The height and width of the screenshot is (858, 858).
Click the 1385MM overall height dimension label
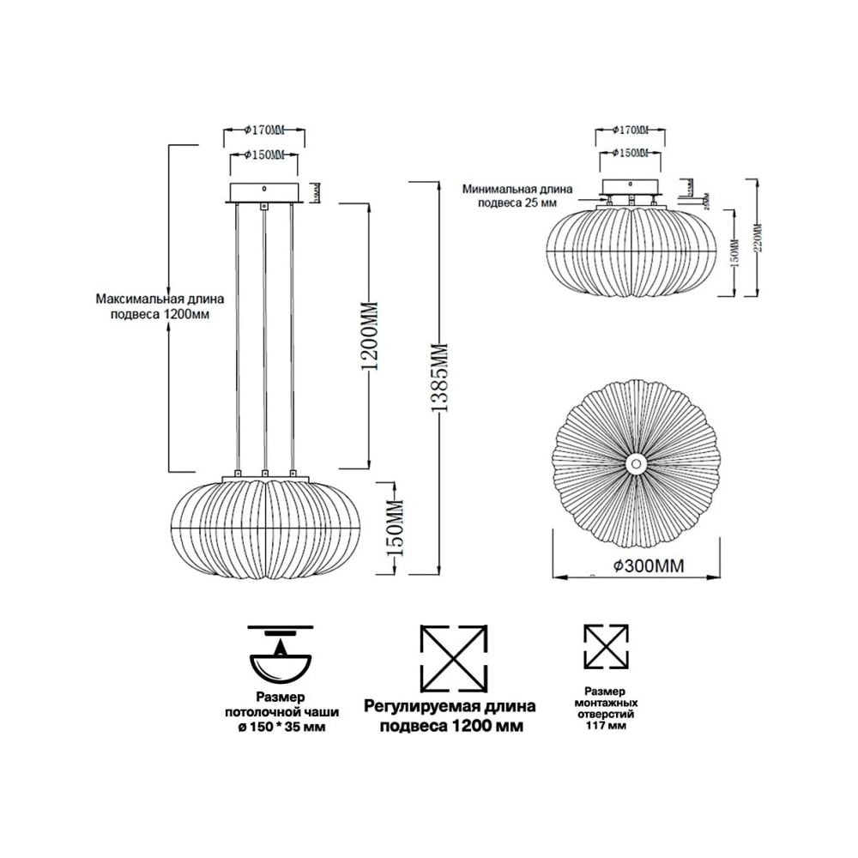coord(439,378)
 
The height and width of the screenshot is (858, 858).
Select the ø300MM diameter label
coord(650,567)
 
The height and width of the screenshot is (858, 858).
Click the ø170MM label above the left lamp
coord(264,130)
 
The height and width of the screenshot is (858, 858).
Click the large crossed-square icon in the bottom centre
coord(454,659)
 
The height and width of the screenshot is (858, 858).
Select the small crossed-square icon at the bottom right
coord(606,647)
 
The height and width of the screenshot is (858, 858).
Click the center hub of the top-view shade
coord(636,463)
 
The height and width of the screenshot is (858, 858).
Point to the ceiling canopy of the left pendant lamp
coord(264,191)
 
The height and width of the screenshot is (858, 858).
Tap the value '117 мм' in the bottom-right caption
coord(606,726)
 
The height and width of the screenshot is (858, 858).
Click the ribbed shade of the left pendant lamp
coord(266,529)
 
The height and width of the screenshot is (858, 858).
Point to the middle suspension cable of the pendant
coord(264,343)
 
